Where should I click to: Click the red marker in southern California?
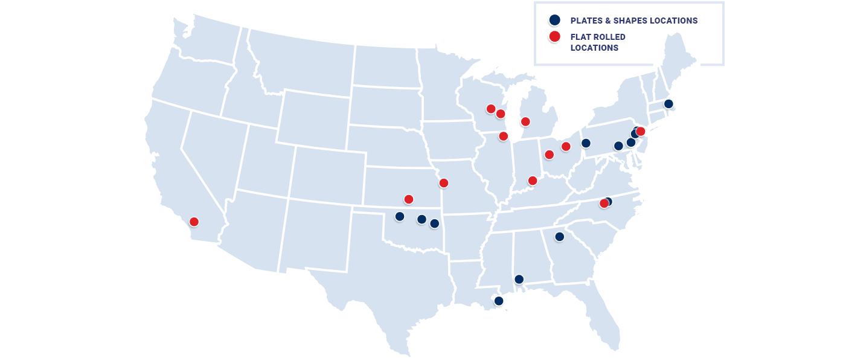pos(194,222)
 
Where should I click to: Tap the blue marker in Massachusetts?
pos(668,104)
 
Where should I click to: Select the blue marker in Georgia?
pos(560,237)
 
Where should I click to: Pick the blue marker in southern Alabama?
pos(519,279)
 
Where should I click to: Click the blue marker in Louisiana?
pos(499,301)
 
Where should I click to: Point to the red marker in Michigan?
pos(525,122)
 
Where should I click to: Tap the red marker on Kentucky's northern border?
pos(533,181)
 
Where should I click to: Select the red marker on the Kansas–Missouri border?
pos(444,183)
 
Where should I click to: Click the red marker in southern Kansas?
pos(409,199)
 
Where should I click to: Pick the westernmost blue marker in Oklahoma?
pos(399,216)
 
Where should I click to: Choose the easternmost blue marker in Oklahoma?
pos(434,223)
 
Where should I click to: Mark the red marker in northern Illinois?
pos(503,137)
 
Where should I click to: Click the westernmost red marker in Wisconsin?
pos(491,109)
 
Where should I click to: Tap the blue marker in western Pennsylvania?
pos(586,143)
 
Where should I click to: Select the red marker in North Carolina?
pos(604,204)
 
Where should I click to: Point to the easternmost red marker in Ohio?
pos(566,146)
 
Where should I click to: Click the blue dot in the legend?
pos(554,20)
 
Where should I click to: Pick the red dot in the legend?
pos(554,36)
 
